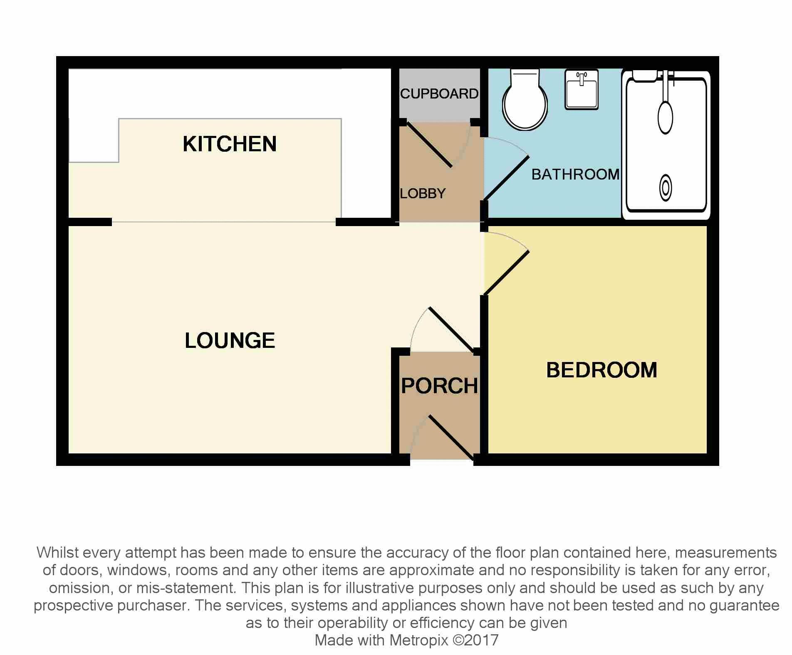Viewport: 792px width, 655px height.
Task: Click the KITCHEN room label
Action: coord(230,144)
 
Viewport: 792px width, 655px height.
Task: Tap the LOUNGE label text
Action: coord(230,340)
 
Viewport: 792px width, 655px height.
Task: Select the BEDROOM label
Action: coord(601,370)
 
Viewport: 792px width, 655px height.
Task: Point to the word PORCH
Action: coord(440,386)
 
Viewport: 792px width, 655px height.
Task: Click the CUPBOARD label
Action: coord(439,94)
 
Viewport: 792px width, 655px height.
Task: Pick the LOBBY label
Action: coord(423,193)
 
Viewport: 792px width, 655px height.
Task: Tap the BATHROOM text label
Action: coord(576,174)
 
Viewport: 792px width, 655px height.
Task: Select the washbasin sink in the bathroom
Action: coord(582,89)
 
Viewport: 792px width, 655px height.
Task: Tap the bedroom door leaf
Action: coord(506,273)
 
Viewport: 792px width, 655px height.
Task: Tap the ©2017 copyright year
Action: coord(475,640)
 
